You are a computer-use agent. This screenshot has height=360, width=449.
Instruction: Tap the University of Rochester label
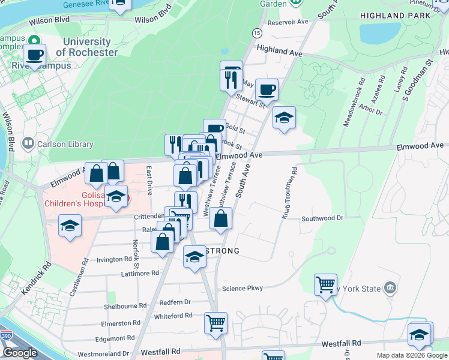tap(86, 47)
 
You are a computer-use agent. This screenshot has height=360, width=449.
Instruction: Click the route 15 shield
tap(256, 32)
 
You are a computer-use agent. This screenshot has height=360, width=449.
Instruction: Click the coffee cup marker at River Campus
tap(35, 55)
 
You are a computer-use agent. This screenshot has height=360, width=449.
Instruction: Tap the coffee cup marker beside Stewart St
tap(267, 90)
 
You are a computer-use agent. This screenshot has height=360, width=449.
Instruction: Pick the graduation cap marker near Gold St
tap(284, 117)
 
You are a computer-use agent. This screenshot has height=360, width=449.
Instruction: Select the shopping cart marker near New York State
tap(325, 284)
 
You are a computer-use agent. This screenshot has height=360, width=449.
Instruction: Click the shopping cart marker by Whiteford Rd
tap(215, 323)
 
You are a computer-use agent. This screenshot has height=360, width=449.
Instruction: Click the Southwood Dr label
tap(322, 218)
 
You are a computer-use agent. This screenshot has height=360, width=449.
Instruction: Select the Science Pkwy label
tap(243, 289)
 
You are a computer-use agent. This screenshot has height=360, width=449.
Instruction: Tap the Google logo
tap(20, 352)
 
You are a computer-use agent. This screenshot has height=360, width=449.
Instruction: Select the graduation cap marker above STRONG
tap(194, 257)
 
